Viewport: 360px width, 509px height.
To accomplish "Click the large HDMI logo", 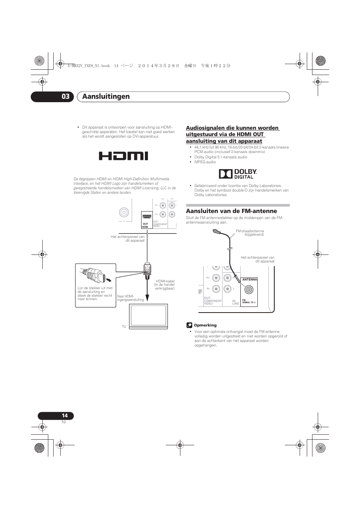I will [x=123, y=156].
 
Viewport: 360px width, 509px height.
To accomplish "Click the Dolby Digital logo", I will [x=238, y=174].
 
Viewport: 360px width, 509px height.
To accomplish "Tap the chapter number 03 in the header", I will [x=65, y=97].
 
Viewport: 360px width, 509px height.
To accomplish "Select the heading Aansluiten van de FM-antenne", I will [x=231, y=211].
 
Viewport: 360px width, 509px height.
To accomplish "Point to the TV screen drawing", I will [x=148, y=316].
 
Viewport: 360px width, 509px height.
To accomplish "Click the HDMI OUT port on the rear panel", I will [x=147, y=218].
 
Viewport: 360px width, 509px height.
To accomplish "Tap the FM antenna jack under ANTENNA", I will [x=249, y=290].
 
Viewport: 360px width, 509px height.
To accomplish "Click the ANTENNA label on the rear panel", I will [x=249, y=280].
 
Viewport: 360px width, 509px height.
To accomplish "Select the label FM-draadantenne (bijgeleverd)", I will [x=250, y=233].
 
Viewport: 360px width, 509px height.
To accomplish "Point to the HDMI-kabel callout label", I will [x=165, y=285].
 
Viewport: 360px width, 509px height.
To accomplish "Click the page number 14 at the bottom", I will [x=65, y=415].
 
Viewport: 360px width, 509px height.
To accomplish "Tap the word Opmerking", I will [x=205, y=325].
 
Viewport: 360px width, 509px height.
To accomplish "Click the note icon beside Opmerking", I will [x=189, y=325].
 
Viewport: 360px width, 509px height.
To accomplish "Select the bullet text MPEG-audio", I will [x=205, y=162].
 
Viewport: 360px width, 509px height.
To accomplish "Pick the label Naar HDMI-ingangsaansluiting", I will [x=130, y=298].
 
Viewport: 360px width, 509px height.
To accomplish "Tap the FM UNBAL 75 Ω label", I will [x=249, y=302].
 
